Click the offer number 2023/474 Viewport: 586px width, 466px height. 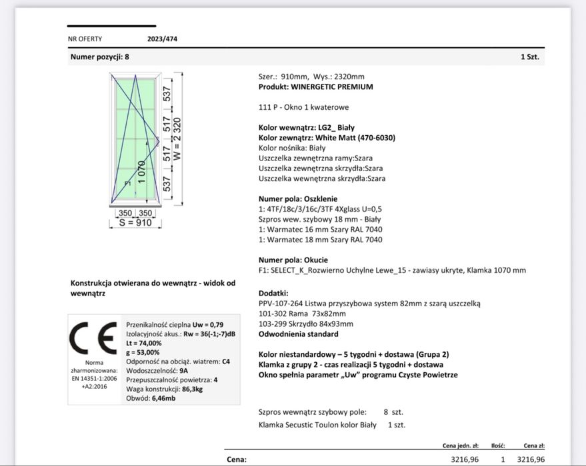162,39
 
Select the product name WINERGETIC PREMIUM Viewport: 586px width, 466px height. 332,87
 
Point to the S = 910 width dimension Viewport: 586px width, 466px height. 135,223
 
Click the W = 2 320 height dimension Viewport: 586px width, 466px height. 177,138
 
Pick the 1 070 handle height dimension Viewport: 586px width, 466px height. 141,172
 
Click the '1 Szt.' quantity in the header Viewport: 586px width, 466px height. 529,57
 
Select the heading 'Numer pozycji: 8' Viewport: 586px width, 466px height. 100,57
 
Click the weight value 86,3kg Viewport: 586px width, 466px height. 194,389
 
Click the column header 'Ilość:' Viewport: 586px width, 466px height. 498,445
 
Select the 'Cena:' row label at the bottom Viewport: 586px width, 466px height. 237,459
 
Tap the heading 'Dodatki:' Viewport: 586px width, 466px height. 273,293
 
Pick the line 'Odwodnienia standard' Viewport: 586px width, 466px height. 298,334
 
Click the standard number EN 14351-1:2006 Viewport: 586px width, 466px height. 94,377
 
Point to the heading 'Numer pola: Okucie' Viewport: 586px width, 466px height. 293,260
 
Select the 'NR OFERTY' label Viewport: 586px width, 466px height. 85,39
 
